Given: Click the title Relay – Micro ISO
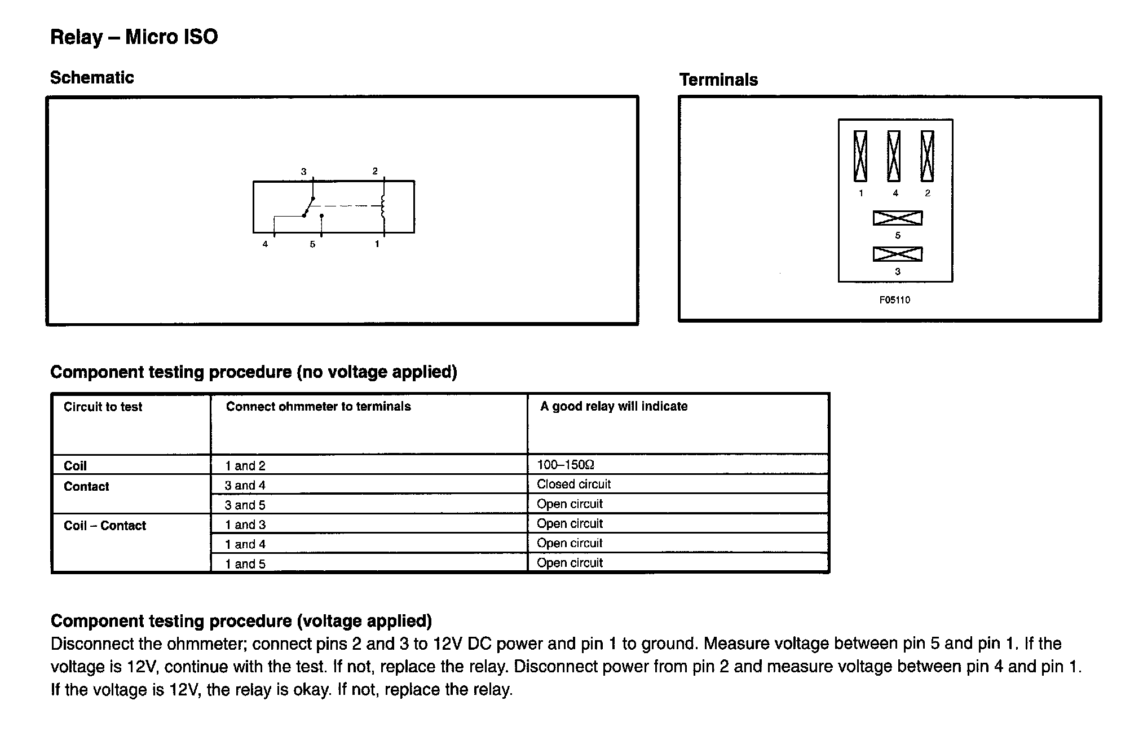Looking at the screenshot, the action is (134, 37).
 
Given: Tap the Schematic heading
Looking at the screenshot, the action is (92, 78).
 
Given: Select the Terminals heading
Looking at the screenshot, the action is (718, 80).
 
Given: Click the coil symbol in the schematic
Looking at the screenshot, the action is (383, 206).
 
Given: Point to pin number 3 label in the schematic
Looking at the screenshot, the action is (303, 171).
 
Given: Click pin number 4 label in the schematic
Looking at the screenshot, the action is (265, 244).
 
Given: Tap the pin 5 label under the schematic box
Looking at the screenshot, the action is (312, 244).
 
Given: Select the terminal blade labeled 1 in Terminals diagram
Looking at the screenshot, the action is (860, 156).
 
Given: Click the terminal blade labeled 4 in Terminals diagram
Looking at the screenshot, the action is (894, 156).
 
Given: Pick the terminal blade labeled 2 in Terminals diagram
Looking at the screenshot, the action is (928, 156).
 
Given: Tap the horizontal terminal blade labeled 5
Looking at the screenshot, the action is (898, 218).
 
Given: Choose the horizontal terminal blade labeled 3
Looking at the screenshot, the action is (898, 254).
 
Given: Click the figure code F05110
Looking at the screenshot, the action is (895, 300).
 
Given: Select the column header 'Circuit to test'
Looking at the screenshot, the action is (103, 407).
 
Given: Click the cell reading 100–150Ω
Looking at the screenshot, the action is (566, 465).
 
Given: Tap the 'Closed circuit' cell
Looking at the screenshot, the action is (573, 484).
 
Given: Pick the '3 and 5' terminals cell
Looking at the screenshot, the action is (245, 505).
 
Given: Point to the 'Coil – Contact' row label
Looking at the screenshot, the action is (104, 526).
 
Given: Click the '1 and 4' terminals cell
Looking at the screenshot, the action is (245, 544).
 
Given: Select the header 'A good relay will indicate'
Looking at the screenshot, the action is (614, 407).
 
